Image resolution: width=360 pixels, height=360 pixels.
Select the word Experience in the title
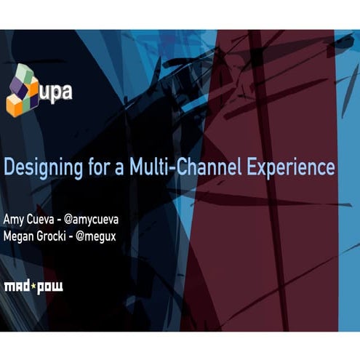tap(292, 167)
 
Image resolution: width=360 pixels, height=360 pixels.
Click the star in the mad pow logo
tap(33, 285)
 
